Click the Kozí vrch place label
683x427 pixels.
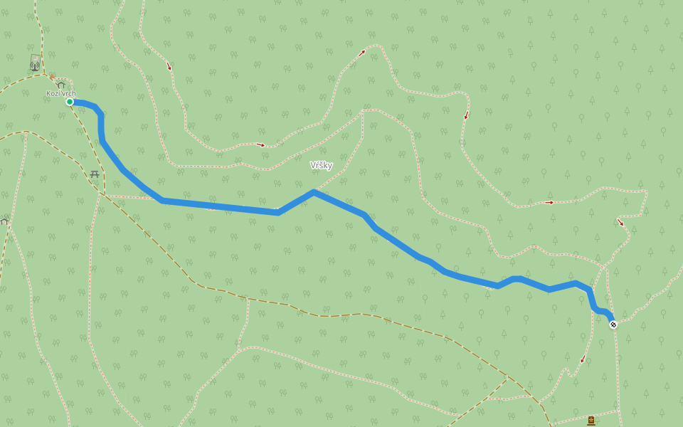(61, 93)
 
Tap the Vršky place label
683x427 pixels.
(321, 165)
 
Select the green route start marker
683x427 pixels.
(70, 102)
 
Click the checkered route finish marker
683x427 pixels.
(613, 325)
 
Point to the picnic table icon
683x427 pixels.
(95, 174)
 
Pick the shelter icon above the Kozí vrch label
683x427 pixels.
(61, 85)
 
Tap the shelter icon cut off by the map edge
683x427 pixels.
(4, 221)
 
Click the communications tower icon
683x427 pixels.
(34, 66)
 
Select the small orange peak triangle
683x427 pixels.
(51, 76)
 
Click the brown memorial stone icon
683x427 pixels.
(591, 421)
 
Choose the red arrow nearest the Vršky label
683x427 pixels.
(261, 144)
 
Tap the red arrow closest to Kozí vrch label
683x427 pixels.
(169, 67)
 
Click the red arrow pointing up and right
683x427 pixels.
(362, 52)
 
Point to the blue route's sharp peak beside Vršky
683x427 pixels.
(313, 191)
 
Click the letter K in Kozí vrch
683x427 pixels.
(49, 93)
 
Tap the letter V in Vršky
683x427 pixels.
(313, 165)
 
